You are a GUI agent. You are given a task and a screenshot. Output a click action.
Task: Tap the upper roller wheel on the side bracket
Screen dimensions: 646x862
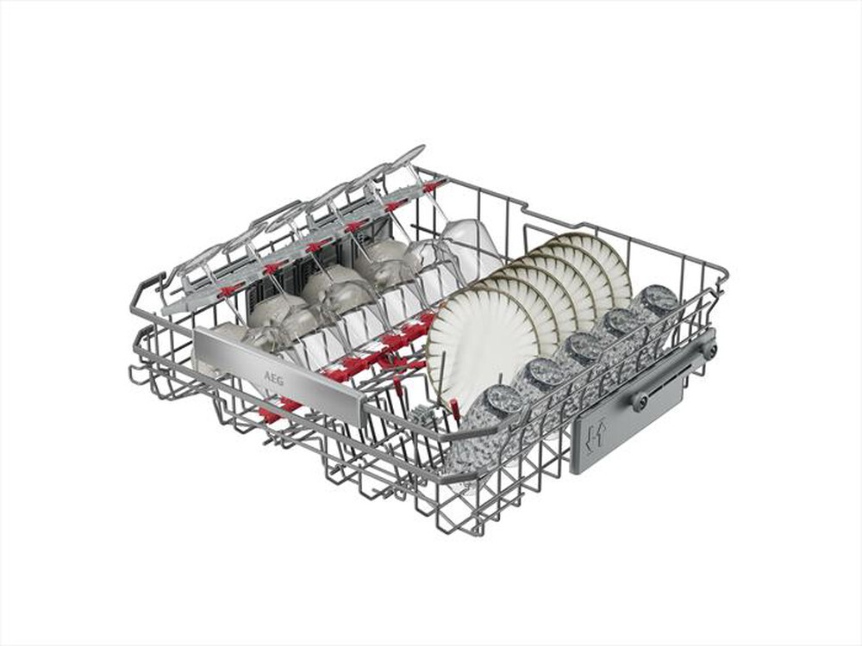[x=709, y=350]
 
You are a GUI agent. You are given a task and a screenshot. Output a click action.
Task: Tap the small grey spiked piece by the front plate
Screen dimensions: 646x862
[x=422, y=416]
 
